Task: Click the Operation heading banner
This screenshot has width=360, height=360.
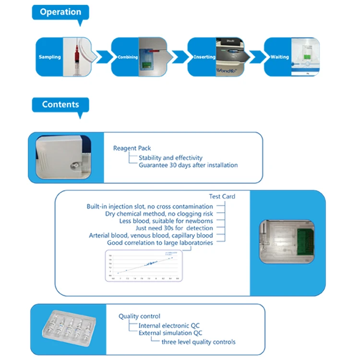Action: [60, 12]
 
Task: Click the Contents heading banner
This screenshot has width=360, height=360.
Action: [60, 104]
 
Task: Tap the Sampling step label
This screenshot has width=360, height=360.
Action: [50, 57]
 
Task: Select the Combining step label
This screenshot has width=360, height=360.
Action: [127, 57]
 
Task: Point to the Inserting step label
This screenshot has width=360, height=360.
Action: [204, 57]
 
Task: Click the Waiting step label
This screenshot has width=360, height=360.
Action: [279, 57]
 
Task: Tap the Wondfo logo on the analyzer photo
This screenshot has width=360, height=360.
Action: [229, 69]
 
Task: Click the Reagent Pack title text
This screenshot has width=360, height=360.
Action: [132, 148]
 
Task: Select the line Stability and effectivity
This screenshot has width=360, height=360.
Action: [170, 157]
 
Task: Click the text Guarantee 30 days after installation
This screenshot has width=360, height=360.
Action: [188, 165]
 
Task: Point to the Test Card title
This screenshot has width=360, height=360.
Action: [222, 196]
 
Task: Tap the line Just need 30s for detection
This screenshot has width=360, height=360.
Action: [174, 228]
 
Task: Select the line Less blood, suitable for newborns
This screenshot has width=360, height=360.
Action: [166, 221]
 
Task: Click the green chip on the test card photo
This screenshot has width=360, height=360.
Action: [300, 243]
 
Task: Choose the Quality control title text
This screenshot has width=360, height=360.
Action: [140, 316]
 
